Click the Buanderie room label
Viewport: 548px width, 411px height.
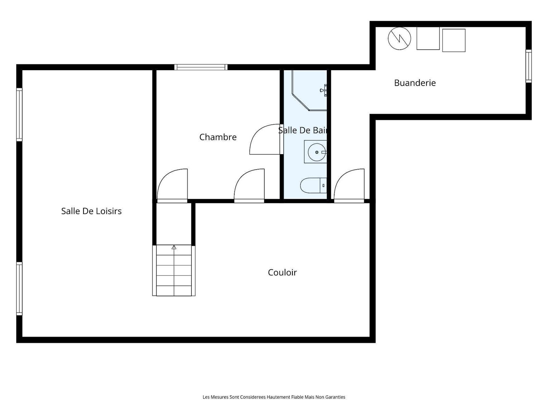[415, 83]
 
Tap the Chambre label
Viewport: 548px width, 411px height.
[218, 137]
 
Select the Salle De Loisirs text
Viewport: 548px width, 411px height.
[91, 211]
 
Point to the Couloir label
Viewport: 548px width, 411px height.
[282, 272]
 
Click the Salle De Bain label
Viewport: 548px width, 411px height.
[302, 130]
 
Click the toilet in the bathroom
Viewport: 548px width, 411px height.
[313, 185]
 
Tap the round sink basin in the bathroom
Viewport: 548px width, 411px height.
[316, 152]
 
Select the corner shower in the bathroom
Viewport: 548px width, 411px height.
[310, 90]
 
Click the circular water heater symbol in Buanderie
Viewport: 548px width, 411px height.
[399, 38]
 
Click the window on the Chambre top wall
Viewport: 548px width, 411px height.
[201, 67]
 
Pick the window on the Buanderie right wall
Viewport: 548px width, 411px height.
[528, 66]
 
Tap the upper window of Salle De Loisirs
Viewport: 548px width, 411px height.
[19, 114]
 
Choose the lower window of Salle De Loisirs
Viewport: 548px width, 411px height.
[19, 288]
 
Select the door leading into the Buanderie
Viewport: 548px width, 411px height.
[349, 186]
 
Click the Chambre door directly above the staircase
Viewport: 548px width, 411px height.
[172, 186]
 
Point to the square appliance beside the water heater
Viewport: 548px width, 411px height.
[428, 38]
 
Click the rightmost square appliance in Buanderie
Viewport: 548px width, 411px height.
[453, 40]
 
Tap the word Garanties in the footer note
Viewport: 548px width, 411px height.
[336, 397]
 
